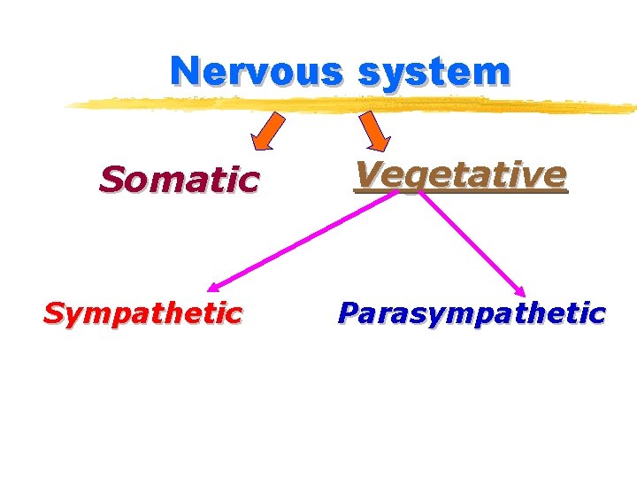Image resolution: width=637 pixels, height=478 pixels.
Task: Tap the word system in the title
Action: coord(434,72)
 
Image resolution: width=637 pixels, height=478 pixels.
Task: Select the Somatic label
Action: coord(179,180)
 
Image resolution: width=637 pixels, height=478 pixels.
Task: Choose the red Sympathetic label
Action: coord(142,312)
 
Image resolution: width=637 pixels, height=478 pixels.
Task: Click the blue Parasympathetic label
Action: coord(472,312)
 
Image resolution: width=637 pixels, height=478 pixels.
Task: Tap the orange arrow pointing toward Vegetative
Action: coord(374,131)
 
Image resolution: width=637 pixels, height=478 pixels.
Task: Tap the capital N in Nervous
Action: coord(186,71)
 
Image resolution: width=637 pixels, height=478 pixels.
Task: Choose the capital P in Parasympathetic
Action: coord(348,312)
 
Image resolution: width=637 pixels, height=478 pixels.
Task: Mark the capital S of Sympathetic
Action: coord(54,312)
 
